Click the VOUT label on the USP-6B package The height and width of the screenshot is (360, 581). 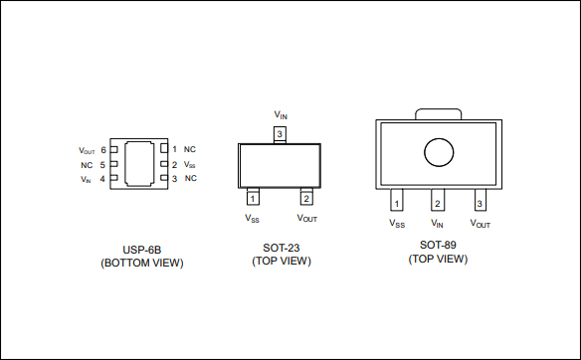[87, 151]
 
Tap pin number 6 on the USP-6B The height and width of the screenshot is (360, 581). [103, 150]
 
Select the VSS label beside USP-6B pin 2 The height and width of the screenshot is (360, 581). [189, 164]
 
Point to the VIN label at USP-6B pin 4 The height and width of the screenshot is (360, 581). [86, 180]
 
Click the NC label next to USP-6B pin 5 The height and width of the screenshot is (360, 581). [87, 165]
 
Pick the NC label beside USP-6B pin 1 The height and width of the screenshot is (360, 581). [190, 149]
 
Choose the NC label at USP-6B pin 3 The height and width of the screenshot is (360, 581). [190, 178]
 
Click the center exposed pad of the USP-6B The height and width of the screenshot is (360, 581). [139, 164]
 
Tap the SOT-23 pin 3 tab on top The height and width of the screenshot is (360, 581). [280, 135]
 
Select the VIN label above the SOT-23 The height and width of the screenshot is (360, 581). [281, 114]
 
